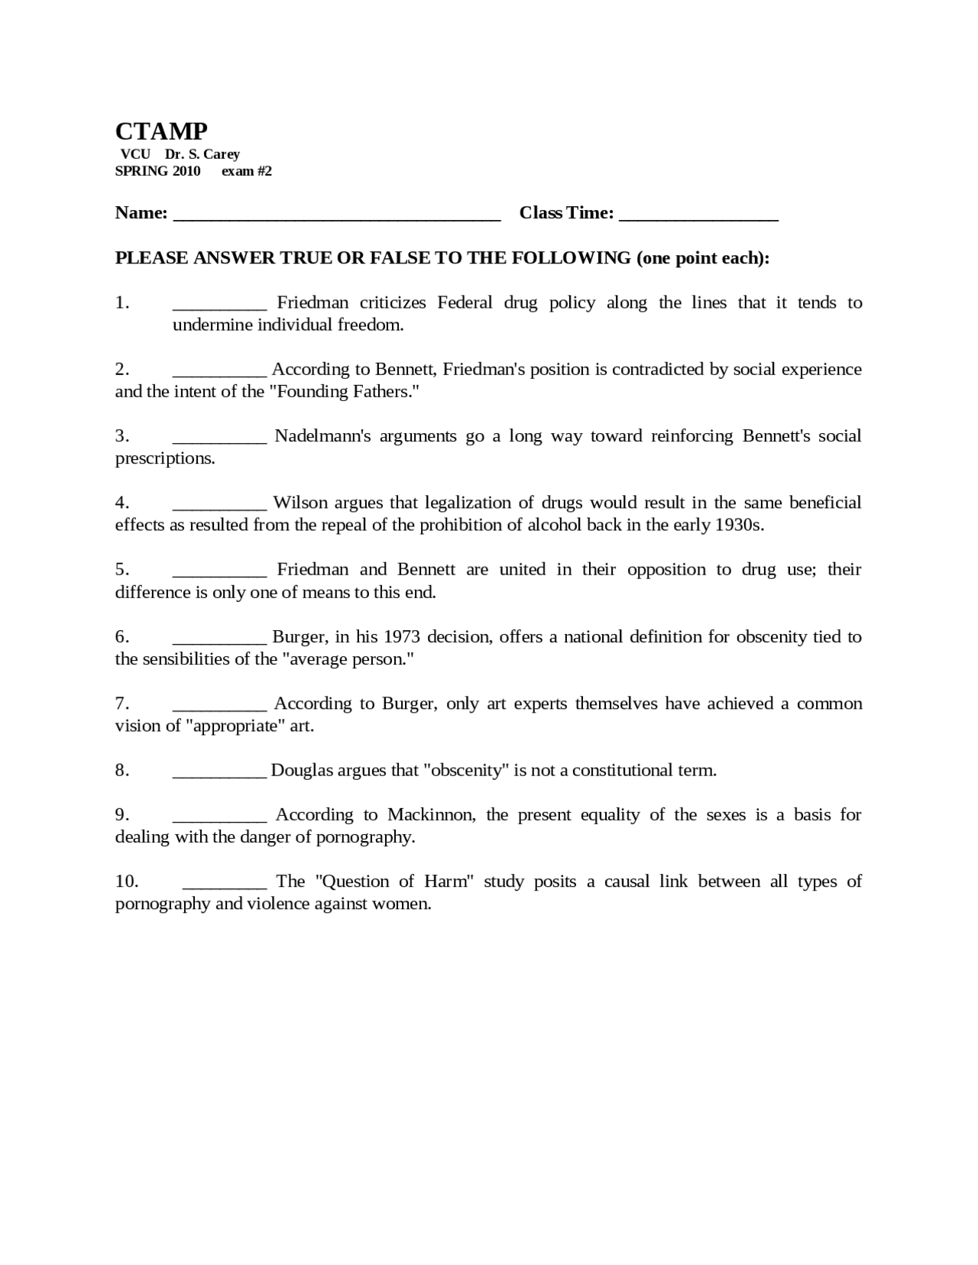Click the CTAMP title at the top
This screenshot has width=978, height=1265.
tap(161, 131)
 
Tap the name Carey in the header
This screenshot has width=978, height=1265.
tap(222, 154)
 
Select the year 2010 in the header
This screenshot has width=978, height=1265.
tap(186, 171)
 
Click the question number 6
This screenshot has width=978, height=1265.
tap(122, 637)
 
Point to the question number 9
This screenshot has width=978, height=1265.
tap(122, 815)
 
